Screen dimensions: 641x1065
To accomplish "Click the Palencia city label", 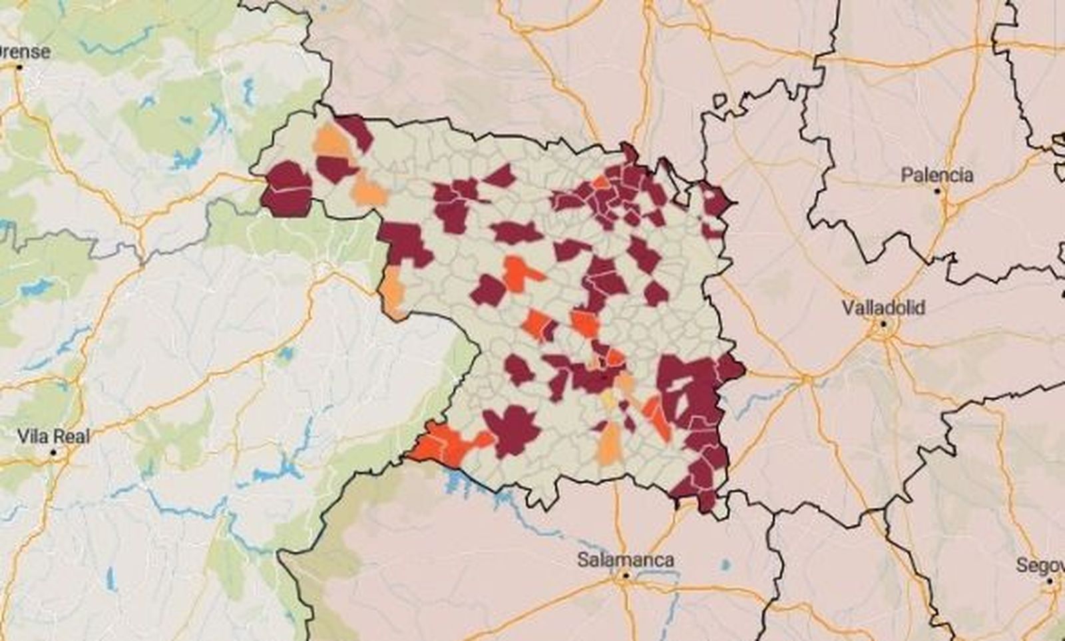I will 937,175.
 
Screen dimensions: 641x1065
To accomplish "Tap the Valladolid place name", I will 883,308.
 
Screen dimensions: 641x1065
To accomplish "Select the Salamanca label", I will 625,560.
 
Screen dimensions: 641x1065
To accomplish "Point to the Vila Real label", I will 53,437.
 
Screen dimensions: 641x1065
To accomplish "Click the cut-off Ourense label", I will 25,52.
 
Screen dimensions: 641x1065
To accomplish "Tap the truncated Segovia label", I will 1040,566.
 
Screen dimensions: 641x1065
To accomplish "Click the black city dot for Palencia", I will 937,191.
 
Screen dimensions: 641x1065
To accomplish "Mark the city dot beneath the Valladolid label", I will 883,324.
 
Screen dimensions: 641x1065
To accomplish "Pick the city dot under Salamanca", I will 625,576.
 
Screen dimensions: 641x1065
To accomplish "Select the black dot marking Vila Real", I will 53,452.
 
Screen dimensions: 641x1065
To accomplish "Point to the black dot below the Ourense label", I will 19,67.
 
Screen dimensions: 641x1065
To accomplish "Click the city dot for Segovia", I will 1050,582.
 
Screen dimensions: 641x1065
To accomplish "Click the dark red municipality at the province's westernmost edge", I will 288,189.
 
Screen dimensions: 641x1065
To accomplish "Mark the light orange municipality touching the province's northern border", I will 332,141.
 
